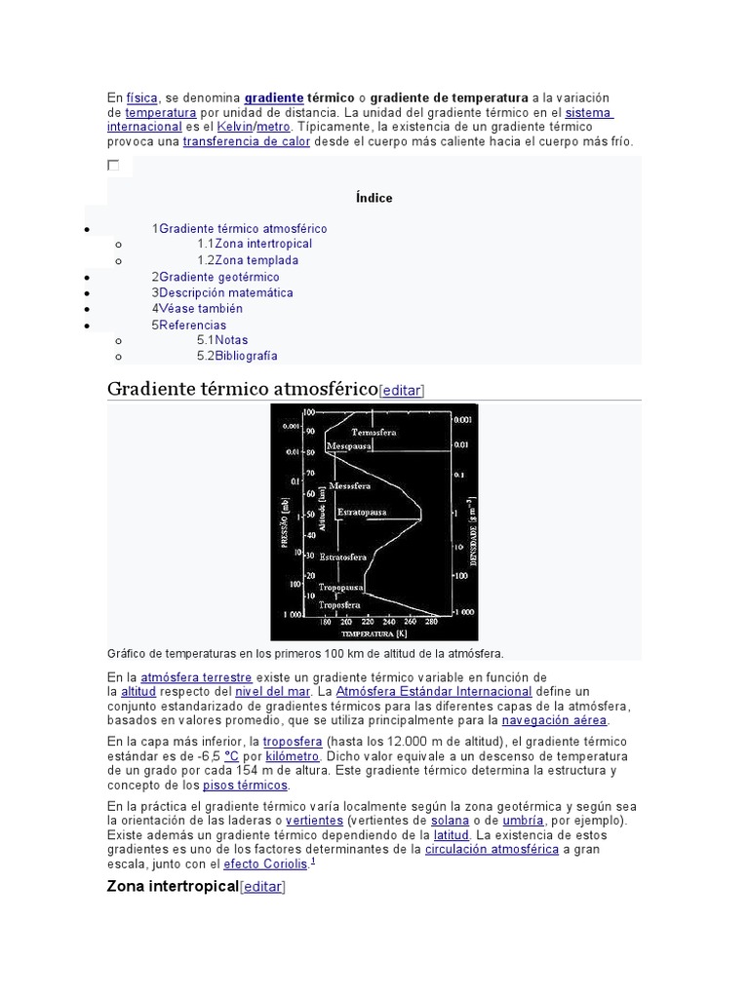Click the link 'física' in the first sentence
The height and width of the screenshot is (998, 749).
coord(141,98)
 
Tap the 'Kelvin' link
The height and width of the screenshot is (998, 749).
coord(234,127)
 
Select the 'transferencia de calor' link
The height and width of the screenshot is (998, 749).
coord(247,141)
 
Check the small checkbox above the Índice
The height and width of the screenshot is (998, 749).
coord(113,166)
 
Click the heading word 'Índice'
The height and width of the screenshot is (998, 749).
coord(374,198)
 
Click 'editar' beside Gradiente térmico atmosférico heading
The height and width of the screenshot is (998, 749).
coord(401,391)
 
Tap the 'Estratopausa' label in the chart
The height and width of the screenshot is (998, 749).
coord(362,512)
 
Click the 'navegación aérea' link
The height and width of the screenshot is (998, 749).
coord(554,720)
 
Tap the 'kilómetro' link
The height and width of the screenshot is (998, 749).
coord(293,756)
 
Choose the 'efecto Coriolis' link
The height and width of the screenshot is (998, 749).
coord(265,864)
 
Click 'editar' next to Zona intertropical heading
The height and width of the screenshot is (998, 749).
coord(262,887)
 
